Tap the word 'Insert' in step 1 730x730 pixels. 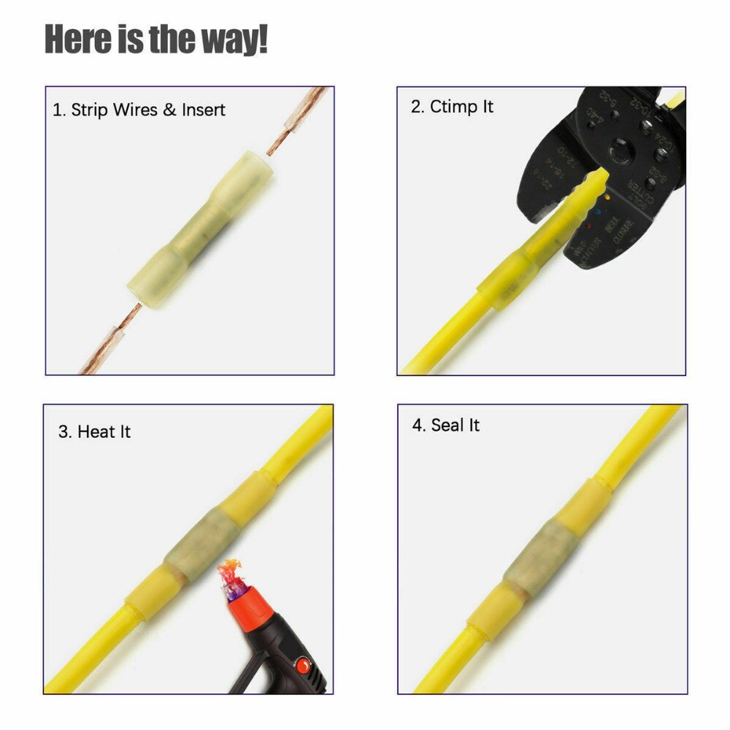(x=204, y=110)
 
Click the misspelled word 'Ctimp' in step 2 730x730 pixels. (x=450, y=107)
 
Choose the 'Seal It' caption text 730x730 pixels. (x=455, y=425)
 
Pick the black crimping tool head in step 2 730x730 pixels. (x=606, y=168)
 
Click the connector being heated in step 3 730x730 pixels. (x=196, y=544)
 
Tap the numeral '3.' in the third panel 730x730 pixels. (x=65, y=431)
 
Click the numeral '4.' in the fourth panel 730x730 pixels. (x=418, y=425)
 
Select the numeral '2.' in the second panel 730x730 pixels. (x=418, y=107)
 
